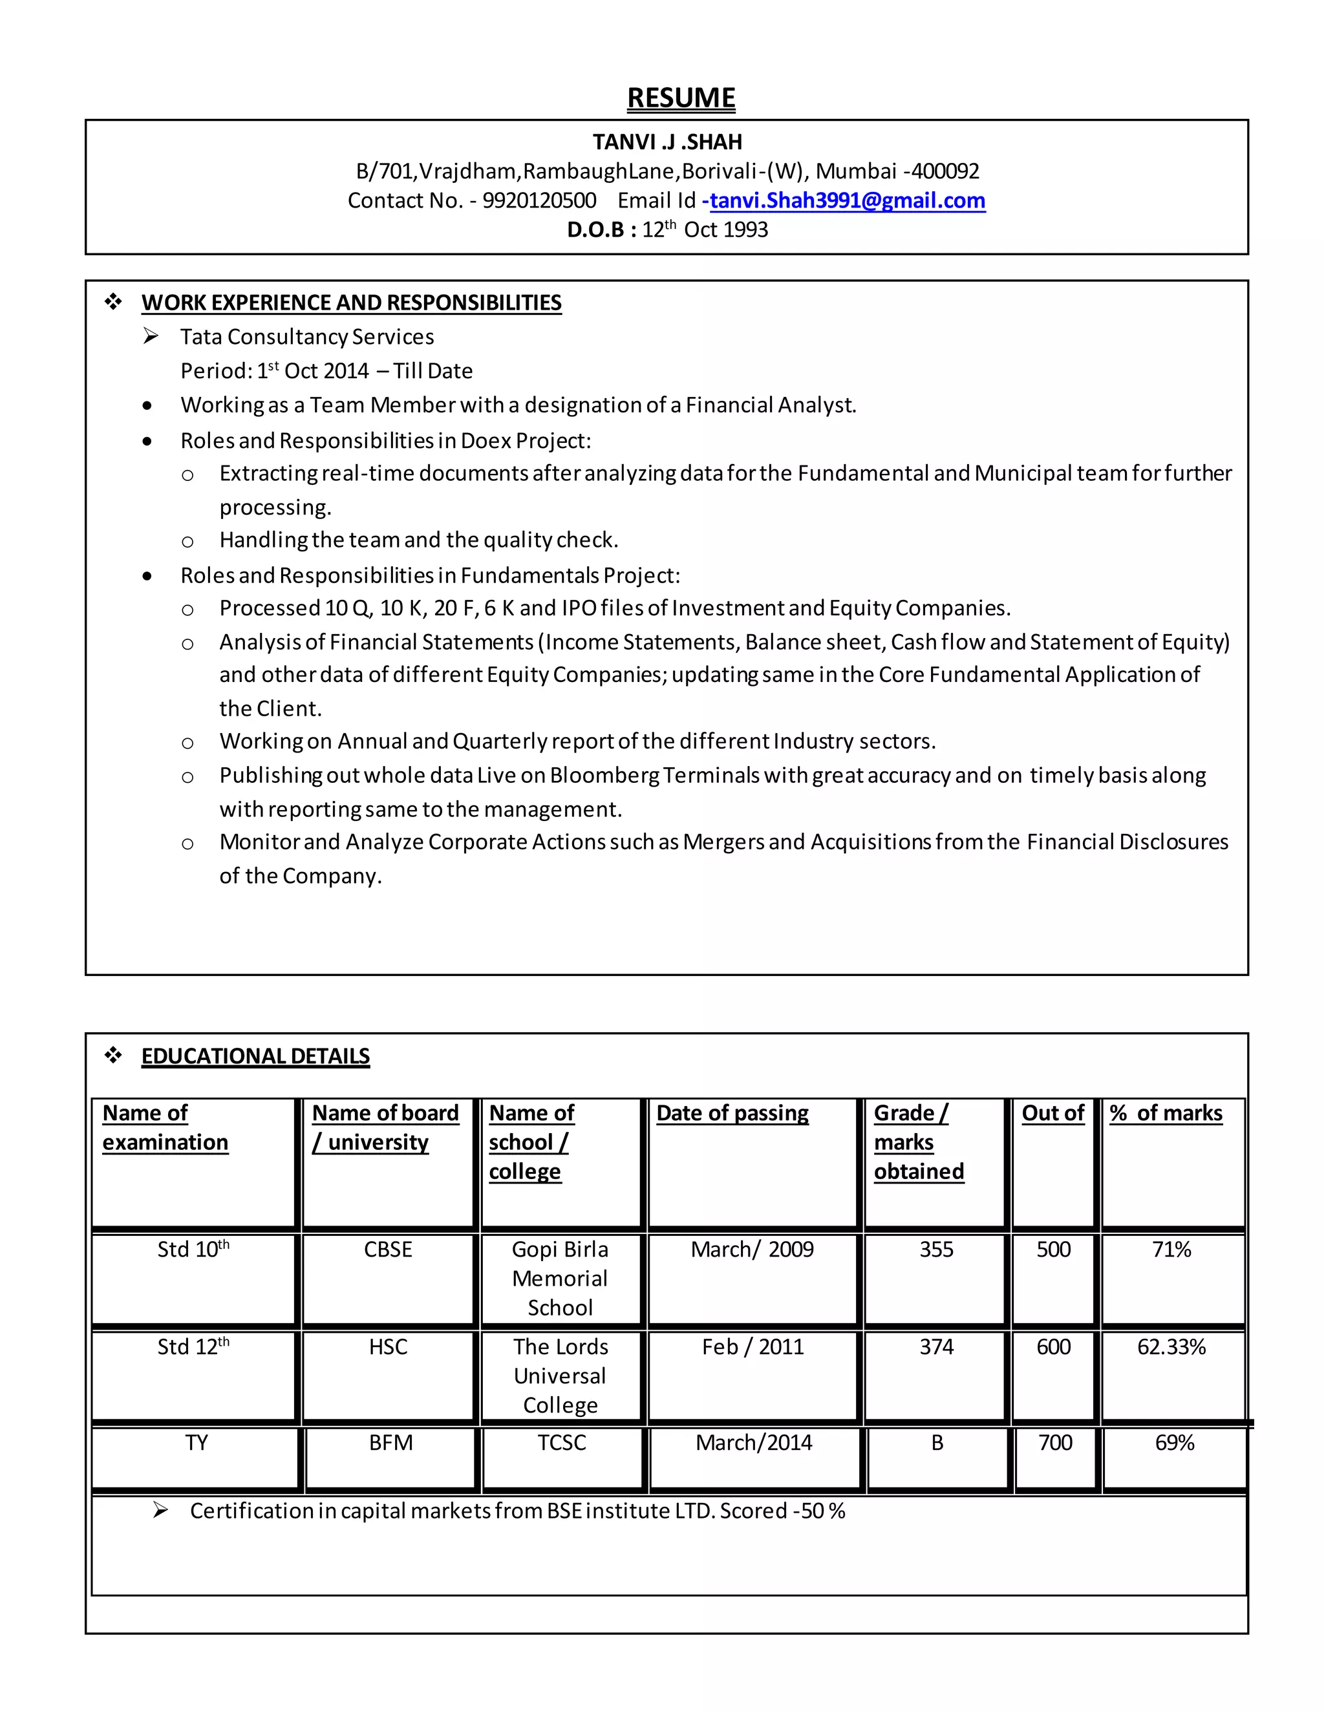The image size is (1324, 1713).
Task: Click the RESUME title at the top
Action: (681, 98)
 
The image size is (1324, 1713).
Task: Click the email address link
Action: (847, 201)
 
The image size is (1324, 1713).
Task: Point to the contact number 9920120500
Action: (539, 201)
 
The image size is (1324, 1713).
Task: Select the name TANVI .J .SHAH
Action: (667, 142)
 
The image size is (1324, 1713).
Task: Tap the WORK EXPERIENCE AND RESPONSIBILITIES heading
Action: (352, 303)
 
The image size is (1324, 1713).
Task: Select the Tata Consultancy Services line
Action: (306, 337)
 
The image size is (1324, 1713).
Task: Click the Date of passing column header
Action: (732, 1113)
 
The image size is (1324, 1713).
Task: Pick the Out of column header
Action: (1052, 1113)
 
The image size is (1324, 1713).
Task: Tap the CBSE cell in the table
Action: (387, 1250)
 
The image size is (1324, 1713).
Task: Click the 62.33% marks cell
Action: (1171, 1346)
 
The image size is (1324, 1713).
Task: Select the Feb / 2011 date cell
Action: (753, 1346)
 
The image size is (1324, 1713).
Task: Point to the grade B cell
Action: (937, 1442)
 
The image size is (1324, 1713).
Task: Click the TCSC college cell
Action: (562, 1442)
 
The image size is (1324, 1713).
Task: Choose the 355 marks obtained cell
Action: (937, 1250)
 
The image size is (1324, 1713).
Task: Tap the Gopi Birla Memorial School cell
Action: (560, 1279)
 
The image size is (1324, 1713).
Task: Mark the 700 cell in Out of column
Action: (1055, 1442)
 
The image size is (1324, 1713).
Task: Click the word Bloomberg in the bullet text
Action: (604, 776)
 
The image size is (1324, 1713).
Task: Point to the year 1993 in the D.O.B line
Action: (745, 230)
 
